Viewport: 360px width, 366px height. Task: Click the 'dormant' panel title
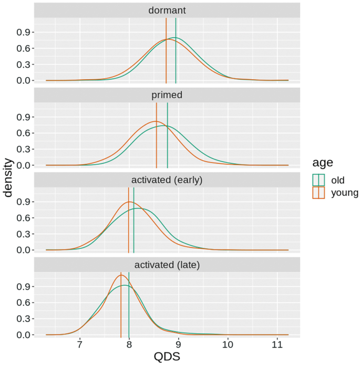(167, 10)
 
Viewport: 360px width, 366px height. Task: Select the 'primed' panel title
(167, 95)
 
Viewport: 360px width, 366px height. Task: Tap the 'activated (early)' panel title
(167, 180)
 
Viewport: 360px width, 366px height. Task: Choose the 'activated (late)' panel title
(167, 265)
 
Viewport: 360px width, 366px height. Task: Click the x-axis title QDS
(167, 357)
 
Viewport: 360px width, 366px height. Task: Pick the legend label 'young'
(342, 193)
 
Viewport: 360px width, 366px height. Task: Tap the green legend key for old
(319, 180)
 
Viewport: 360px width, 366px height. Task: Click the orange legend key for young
(319, 193)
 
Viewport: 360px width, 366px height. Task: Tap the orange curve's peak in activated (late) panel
(121, 275)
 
